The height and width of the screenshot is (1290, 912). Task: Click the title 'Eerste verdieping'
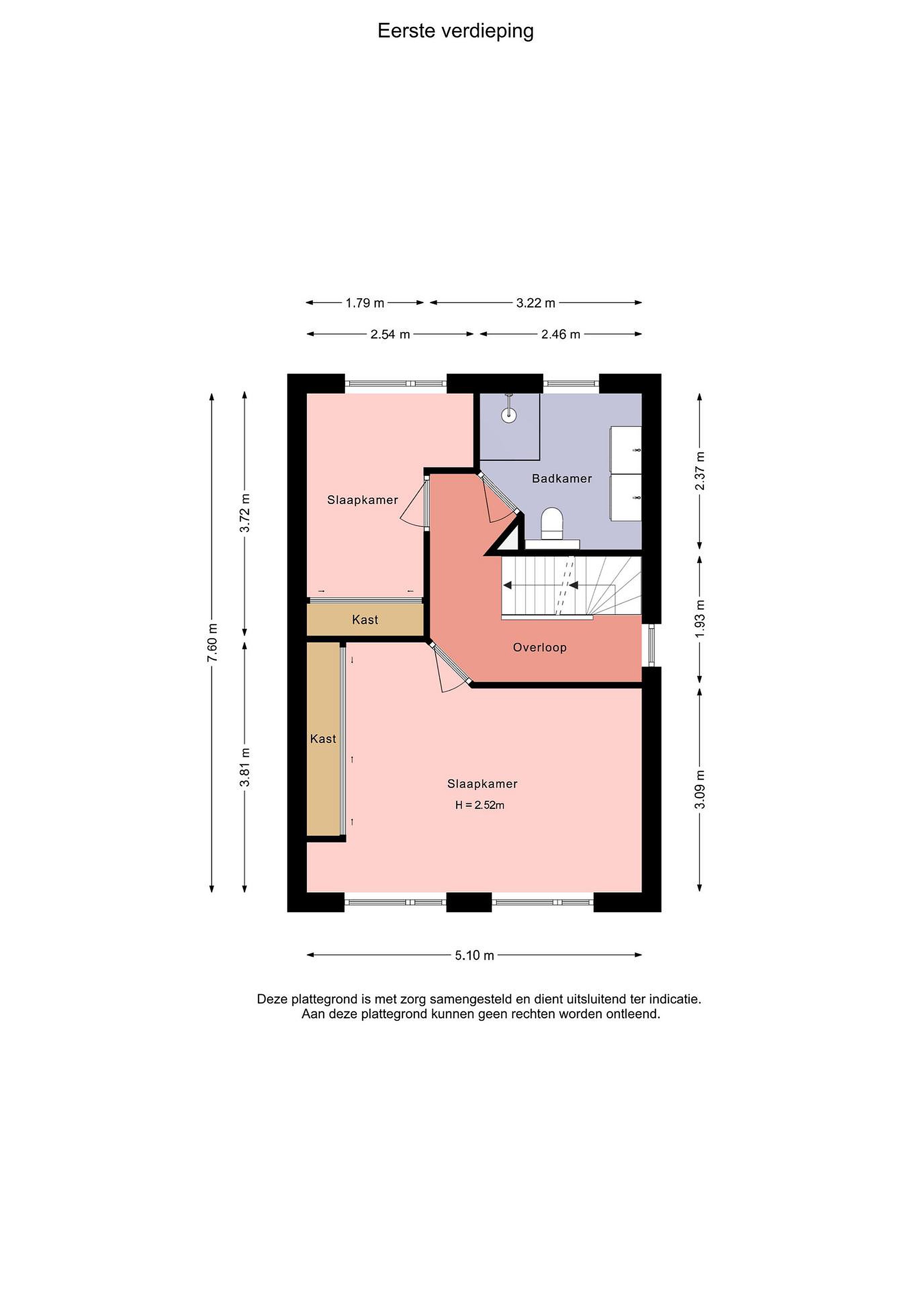(x=455, y=31)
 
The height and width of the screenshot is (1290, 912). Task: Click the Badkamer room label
(x=561, y=479)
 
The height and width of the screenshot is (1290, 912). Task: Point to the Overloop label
(x=539, y=647)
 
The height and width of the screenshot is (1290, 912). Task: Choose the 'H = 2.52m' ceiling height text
(x=480, y=805)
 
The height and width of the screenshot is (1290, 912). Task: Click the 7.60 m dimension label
(x=212, y=642)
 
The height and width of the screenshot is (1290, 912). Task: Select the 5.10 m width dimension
(x=475, y=955)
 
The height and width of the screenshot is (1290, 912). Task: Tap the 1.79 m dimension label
(x=365, y=303)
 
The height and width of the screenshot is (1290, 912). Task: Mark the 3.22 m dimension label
(x=536, y=303)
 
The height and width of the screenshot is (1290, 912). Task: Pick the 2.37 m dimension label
(x=700, y=471)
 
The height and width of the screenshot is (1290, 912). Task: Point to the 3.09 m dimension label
(x=700, y=789)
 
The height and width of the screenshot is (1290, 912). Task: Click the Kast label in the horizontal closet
(x=365, y=620)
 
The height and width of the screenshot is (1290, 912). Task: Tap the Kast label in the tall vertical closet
(x=323, y=739)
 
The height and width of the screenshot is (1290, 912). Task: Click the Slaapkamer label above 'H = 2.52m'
(x=482, y=784)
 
